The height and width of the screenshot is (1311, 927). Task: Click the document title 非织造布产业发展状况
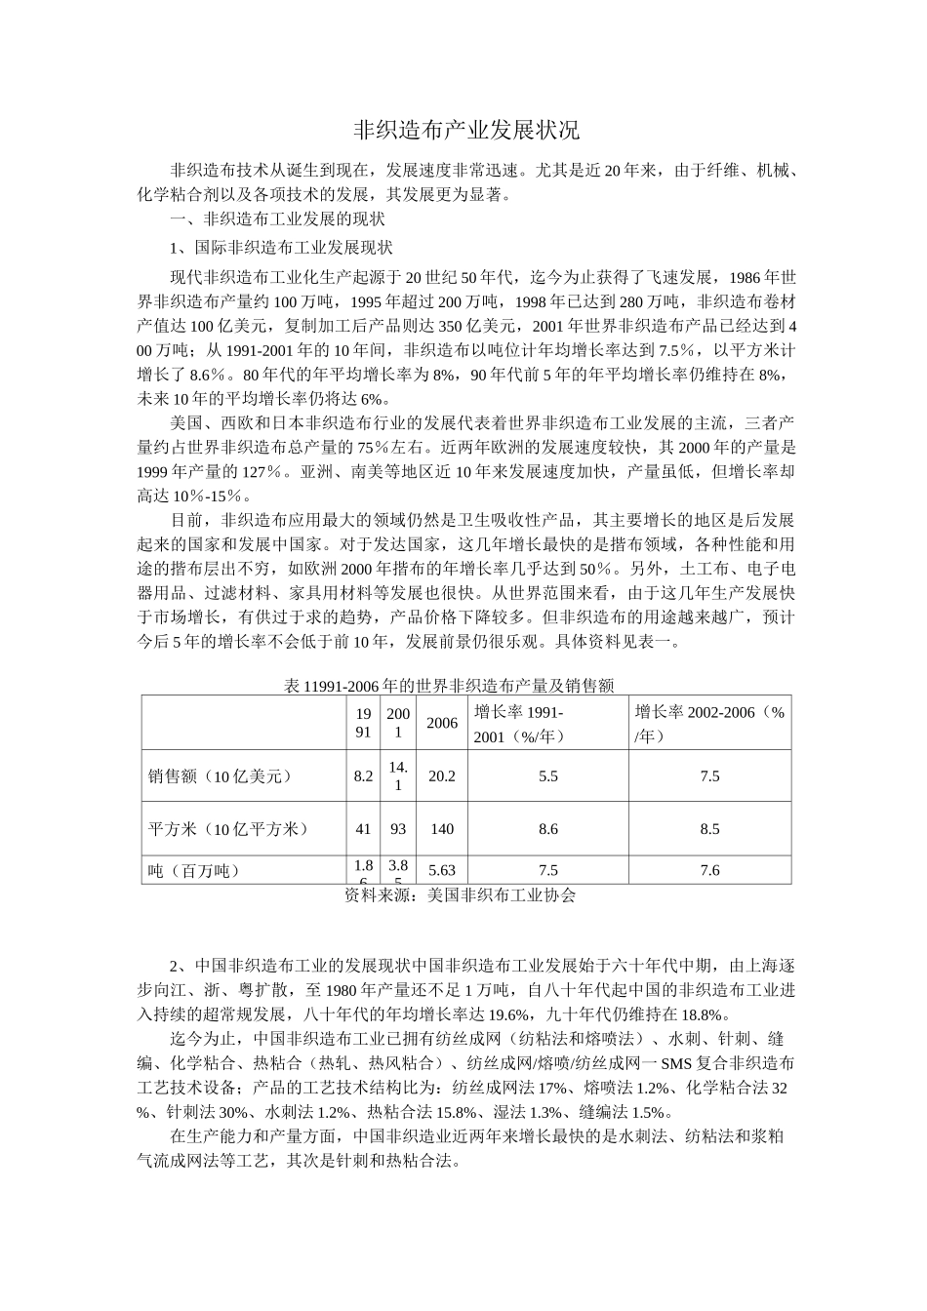[x=464, y=130]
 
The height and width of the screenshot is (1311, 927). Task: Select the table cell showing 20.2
[x=442, y=776]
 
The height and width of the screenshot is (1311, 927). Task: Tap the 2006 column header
[x=442, y=723]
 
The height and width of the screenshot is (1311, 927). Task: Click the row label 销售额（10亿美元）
[x=220, y=776]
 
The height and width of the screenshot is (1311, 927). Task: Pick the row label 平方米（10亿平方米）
[x=227, y=829]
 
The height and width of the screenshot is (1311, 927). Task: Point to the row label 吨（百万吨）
[x=194, y=870]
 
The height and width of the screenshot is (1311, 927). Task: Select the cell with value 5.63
[x=442, y=870]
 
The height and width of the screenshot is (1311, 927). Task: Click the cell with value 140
[x=442, y=829]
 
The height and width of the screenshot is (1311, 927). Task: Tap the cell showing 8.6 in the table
[x=547, y=829]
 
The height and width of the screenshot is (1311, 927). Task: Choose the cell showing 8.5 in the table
[x=709, y=829]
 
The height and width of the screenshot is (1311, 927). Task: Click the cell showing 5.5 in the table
[x=547, y=776]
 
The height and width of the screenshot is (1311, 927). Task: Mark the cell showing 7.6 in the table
[x=709, y=870]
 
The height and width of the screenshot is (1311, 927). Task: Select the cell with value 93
[x=397, y=829]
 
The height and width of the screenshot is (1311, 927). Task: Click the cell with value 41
[x=363, y=829]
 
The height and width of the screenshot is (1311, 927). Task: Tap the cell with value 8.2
[x=363, y=776]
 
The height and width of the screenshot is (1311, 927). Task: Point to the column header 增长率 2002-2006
[x=709, y=724]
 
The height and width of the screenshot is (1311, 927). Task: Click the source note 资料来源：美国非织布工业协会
[x=461, y=894]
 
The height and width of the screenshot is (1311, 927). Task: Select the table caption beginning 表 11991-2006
[x=448, y=686]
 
